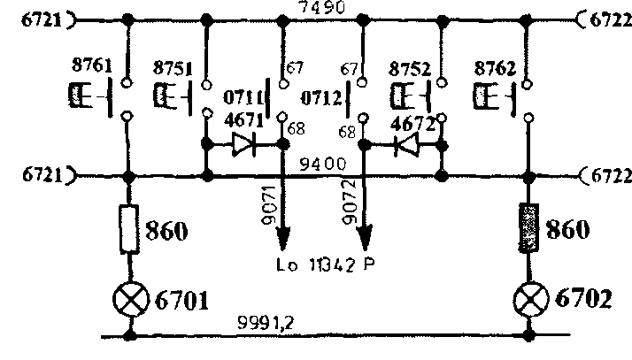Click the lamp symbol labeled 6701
131,301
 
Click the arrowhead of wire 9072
365,240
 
